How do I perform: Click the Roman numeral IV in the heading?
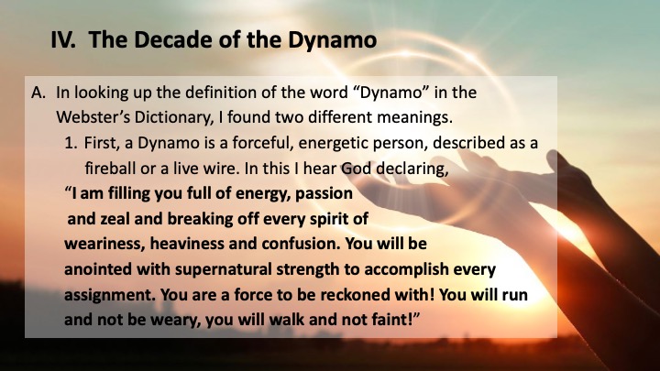(x=63, y=40)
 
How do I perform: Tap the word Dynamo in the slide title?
(x=332, y=41)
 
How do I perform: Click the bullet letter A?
(x=38, y=93)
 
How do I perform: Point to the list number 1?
(x=71, y=143)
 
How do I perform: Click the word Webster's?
(x=93, y=117)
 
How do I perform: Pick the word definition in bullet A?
(x=220, y=93)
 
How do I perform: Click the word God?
(x=356, y=169)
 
